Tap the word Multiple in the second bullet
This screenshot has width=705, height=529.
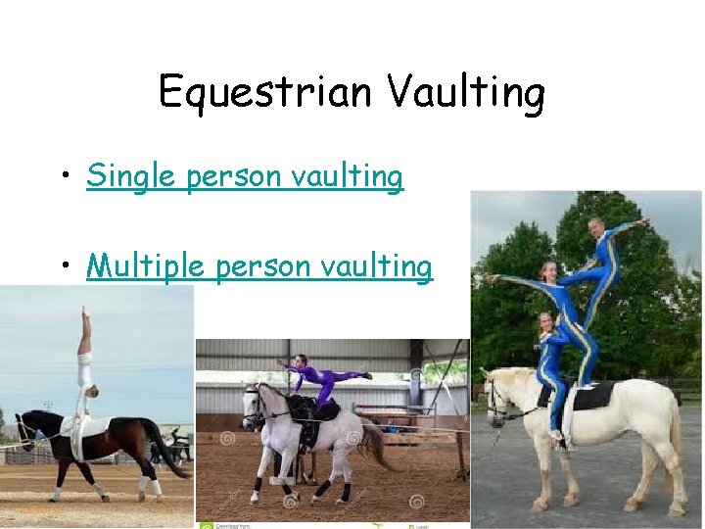[x=142, y=265]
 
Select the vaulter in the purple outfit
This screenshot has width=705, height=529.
[x=318, y=377]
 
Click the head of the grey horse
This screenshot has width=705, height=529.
[x=254, y=403]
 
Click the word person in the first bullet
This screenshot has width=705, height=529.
[x=235, y=176]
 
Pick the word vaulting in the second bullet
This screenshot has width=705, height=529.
[x=377, y=265]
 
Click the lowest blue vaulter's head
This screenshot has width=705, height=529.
[x=544, y=321]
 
